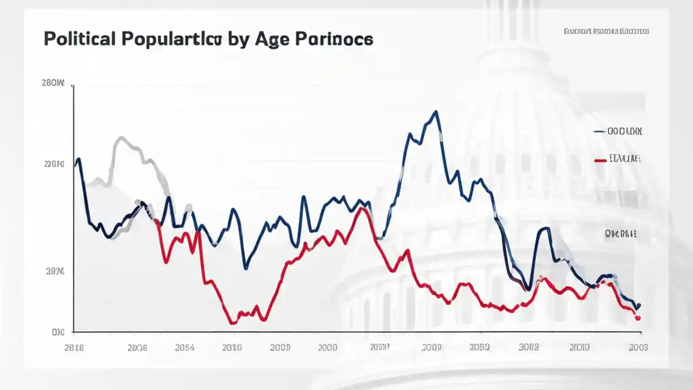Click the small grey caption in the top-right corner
[x=606, y=31]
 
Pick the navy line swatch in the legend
[x=599, y=132]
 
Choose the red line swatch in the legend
[x=600, y=160]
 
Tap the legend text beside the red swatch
[x=625, y=159]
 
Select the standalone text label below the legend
[x=620, y=234]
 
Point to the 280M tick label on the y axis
[x=53, y=83]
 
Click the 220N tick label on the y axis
[x=54, y=164]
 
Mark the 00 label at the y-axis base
[x=58, y=332]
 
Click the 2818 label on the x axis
[x=74, y=348]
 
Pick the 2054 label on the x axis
[x=185, y=348]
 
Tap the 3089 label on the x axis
[x=479, y=348]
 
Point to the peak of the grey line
[x=121, y=138]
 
